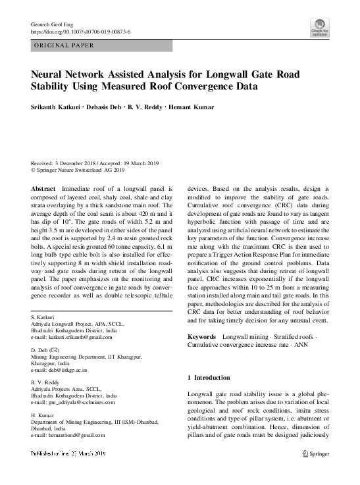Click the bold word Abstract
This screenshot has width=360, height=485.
(x=43, y=188)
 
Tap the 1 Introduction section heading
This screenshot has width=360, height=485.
(x=209, y=378)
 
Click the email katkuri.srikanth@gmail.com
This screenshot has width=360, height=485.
(x=76, y=337)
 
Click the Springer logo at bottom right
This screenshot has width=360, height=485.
(x=315, y=454)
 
